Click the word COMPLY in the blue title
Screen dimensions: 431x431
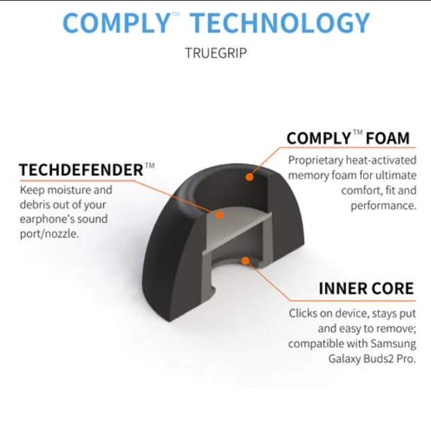point(117,23)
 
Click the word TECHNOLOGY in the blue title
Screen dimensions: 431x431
point(280,23)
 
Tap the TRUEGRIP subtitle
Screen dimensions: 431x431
point(215,53)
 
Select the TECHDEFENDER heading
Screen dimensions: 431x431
point(81,170)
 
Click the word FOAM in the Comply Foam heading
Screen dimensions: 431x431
point(387,138)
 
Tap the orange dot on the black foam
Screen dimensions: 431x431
point(249,177)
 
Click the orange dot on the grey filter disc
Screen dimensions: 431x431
point(220,215)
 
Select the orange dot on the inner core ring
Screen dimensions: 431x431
point(245,261)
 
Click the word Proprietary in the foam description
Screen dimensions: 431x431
point(316,161)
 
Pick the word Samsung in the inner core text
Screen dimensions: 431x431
point(393,344)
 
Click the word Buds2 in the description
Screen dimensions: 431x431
point(378,359)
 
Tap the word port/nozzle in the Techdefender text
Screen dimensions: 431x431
point(49,234)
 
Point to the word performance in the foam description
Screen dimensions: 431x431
point(383,206)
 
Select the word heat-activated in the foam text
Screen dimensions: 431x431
point(381,160)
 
